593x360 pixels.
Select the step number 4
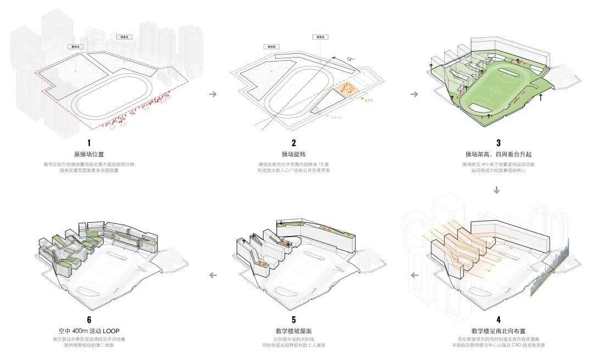[x=498, y=319]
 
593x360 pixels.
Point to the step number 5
[x=293, y=319]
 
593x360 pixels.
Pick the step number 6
[x=88, y=319]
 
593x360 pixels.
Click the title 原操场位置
[x=88, y=154]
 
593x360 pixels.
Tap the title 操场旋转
[x=294, y=154]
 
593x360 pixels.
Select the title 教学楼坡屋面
[x=293, y=331]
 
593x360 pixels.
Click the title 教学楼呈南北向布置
[x=498, y=331]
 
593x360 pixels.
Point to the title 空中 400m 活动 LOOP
[x=88, y=331]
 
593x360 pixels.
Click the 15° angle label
[x=349, y=59]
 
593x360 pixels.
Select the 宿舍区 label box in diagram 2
[x=320, y=37]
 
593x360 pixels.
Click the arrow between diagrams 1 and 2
[x=212, y=94]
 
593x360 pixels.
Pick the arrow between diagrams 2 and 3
[x=415, y=94]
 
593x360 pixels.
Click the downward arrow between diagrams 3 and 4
[x=497, y=190]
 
